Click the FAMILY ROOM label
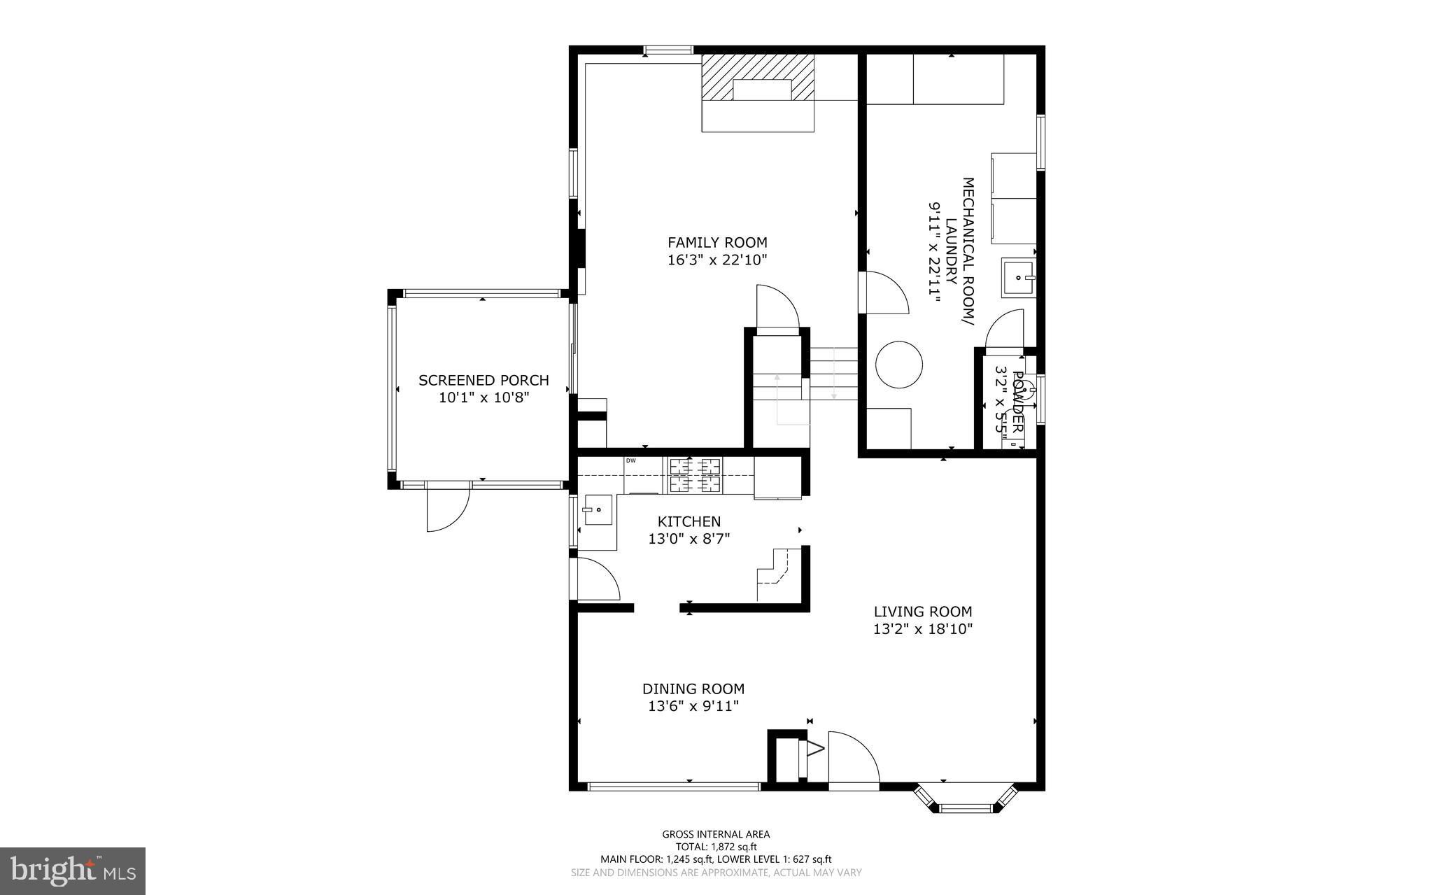click(x=717, y=243)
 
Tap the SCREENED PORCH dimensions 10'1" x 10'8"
click(x=483, y=398)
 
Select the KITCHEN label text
click(x=689, y=521)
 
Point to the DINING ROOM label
click(x=693, y=689)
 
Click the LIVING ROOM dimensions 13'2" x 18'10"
click(x=922, y=629)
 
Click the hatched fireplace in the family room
click(x=758, y=77)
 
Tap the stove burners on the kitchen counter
click(x=695, y=474)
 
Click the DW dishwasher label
click(x=630, y=460)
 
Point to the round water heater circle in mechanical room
click(x=899, y=365)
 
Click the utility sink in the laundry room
click(x=1018, y=278)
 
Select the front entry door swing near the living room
click(x=852, y=759)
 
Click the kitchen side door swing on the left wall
click(x=596, y=579)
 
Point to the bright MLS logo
click(x=73, y=871)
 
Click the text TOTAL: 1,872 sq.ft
click(x=716, y=847)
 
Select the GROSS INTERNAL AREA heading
click(x=716, y=834)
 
